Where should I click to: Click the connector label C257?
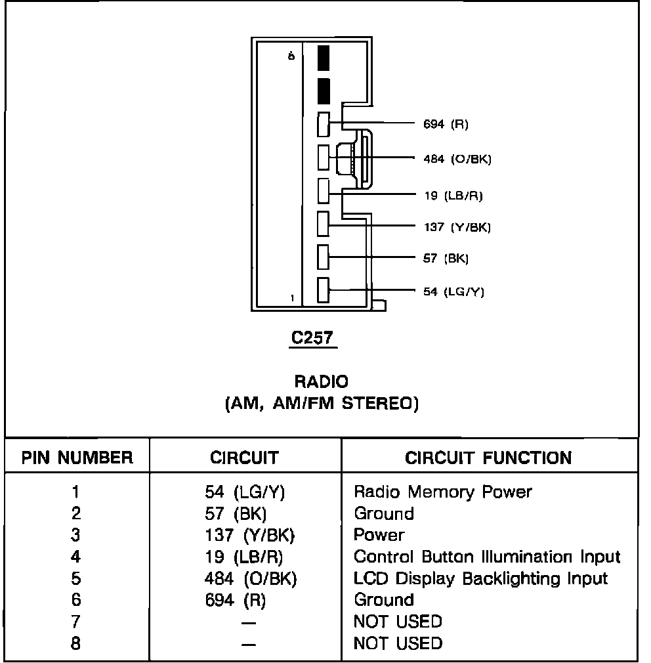click(312, 337)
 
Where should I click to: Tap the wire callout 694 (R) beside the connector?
click(446, 124)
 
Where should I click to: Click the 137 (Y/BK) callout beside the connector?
click(457, 227)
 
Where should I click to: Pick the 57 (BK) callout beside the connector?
click(446, 259)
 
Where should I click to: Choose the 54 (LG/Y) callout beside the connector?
click(453, 291)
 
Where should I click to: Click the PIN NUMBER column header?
click(77, 458)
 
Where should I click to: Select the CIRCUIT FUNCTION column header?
click(488, 458)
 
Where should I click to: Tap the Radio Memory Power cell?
click(443, 492)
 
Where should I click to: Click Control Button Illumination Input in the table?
click(487, 557)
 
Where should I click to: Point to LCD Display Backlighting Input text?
click(480, 579)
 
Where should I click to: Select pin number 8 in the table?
click(75, 643)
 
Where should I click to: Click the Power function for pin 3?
click(379, 535)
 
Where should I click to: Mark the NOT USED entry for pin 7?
click(398, 622)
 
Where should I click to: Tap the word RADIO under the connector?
click(321, 381)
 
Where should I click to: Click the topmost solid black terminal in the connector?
click(323, 58)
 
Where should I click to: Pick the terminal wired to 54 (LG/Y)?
click(323, 289)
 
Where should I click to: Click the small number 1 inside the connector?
click(292, 298)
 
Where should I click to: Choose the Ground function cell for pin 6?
click(384, 600)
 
